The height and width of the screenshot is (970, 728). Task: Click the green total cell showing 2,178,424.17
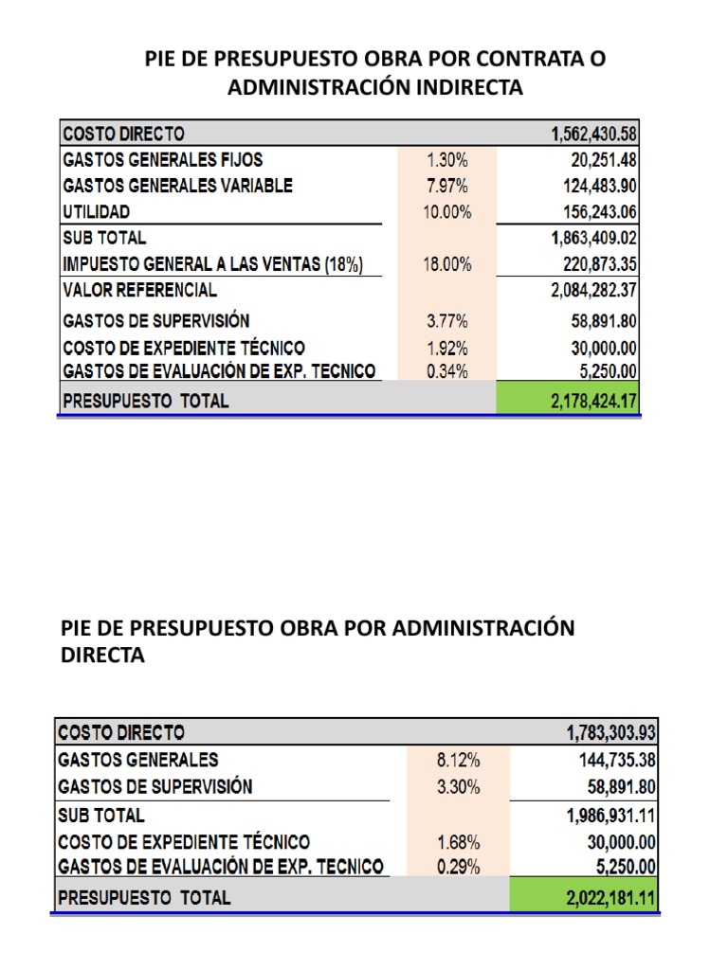coord(568,401)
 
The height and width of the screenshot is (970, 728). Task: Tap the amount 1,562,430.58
coord(593,134)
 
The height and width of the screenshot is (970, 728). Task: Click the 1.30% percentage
coord(446,160)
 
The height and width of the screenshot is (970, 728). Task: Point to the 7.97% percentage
coord(446,186)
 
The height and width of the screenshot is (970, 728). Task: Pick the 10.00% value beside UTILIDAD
coord(446,212)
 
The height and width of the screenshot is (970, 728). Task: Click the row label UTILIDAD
coord(97,212)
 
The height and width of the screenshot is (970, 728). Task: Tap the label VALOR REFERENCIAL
coord(139,290)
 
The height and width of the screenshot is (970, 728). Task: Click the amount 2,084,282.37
coord(593,291)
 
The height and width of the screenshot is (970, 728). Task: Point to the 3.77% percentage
coord(446,321)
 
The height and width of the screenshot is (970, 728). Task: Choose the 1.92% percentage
coord(446,348)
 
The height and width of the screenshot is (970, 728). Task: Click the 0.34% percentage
coord(446,371)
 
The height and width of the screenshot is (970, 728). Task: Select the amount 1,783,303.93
coord(610,732)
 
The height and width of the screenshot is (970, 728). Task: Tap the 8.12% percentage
coord(459,760)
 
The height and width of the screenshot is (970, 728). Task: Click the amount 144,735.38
coord(617,760)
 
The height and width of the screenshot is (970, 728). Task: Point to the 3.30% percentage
coord(459,787)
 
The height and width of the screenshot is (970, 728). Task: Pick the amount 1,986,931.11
coord(610,815)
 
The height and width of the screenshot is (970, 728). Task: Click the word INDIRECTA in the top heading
coord(465,88)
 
